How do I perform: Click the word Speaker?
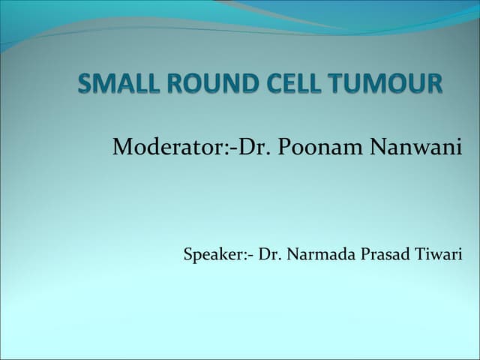click(211, 254)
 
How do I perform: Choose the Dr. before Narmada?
click(268, 254)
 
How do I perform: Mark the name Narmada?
click(316, 254)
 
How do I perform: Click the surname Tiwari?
click(439, 254)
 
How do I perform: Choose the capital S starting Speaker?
click(187, 254)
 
